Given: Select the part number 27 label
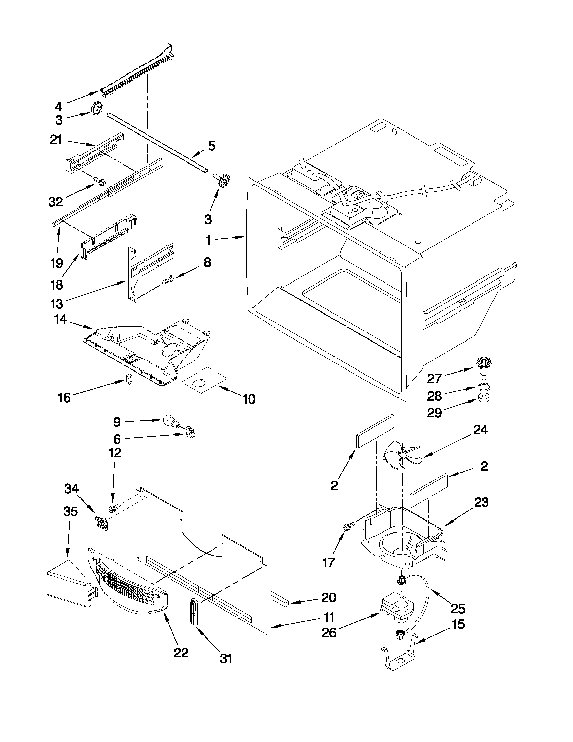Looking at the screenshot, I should tap(434, 378).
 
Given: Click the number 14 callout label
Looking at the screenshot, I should tap(60, 319).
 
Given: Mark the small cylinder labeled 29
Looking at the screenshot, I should tap(483, 397).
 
